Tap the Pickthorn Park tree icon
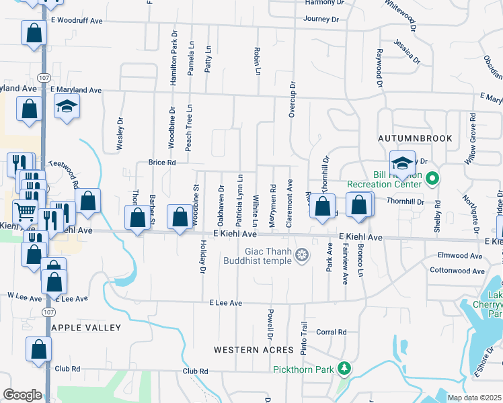[344, 369]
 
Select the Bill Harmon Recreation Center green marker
[432, 179]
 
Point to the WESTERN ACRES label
[254, 350]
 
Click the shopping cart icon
[26, 212]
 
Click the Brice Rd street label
[161, 163]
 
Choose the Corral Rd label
[331, 332]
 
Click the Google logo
[22, 395]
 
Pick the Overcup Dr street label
[293, 99]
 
